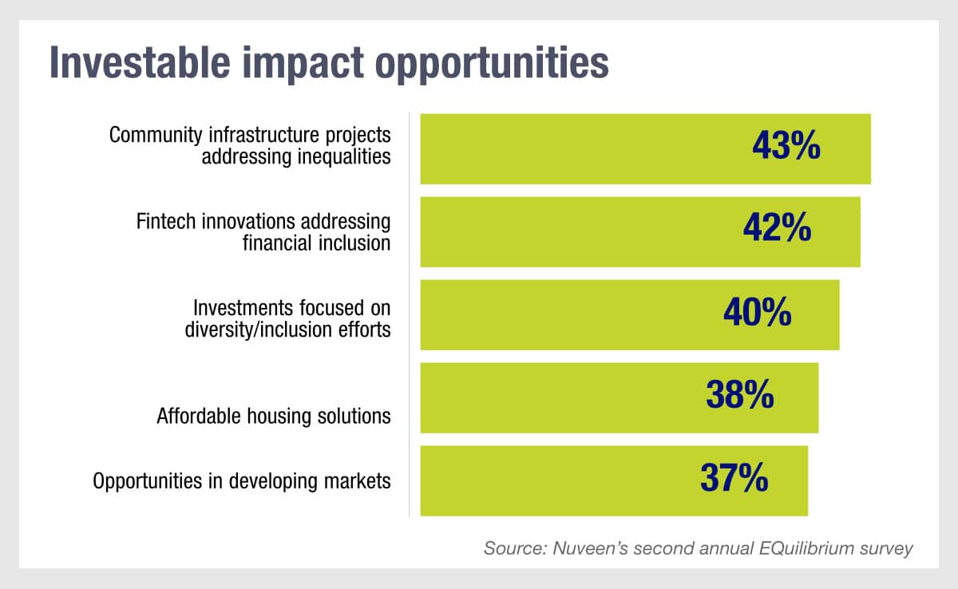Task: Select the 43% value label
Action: [x=786, y=148]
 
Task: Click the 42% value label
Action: [x=777, y=230]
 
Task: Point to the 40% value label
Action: [x=757, y=313]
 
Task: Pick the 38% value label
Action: [x=739, y=395]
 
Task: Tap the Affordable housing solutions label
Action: [x=274, y=416]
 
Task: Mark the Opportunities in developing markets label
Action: [x=242, y=481]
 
